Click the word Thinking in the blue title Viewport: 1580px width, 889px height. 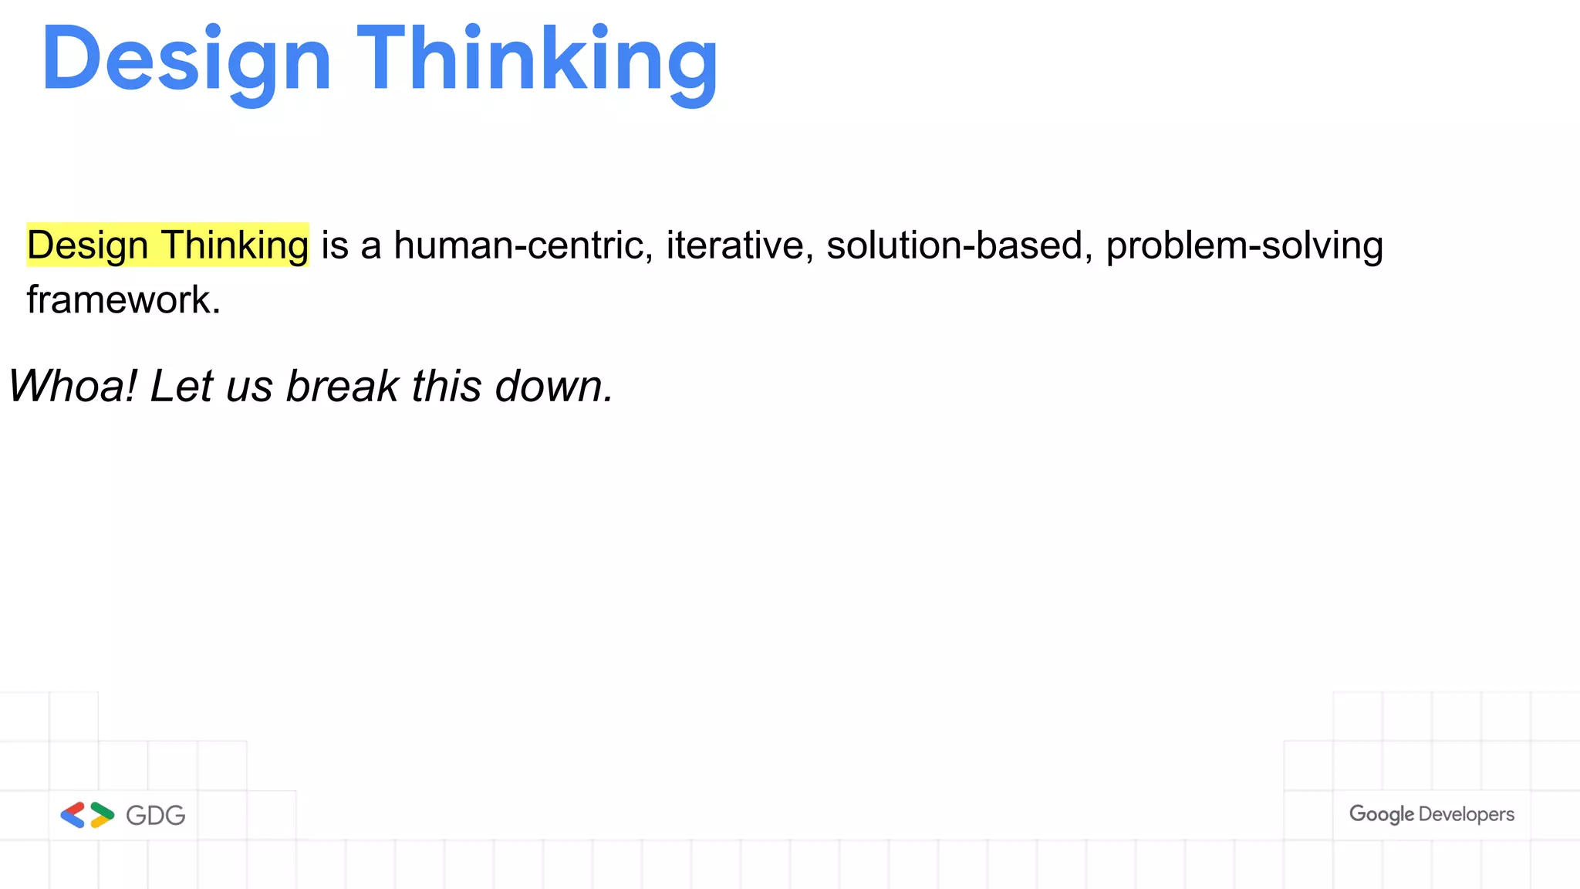[537, 60]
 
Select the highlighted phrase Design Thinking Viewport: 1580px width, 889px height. [167, 245]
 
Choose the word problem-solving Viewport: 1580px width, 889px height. [1244, 245]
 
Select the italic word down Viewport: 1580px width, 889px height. [553, 386]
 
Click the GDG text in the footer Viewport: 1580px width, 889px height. [156, 816]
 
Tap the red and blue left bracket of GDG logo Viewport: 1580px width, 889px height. [73, 815]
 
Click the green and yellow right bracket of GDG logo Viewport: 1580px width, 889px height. [102, 815]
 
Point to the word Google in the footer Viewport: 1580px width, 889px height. [1381, 814]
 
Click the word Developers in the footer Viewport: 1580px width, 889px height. [1466, 814]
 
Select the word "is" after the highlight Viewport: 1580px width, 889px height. [335, 245]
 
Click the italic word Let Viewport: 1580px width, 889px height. [181, 386]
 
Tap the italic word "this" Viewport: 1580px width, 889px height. [446, 386]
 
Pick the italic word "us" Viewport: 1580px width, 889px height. [249, 386]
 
